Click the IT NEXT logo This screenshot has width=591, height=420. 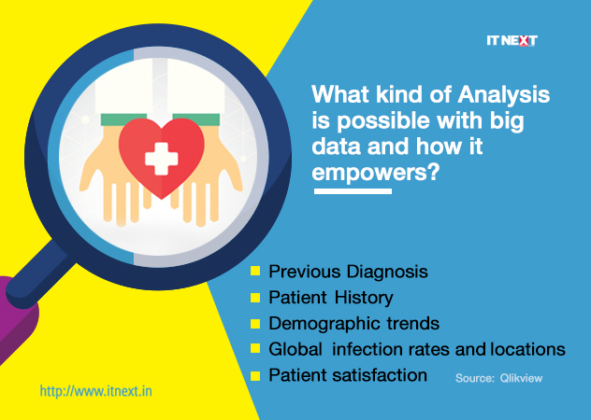click(x=512, y=41)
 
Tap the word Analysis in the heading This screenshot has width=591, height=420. click(x=504, y=95)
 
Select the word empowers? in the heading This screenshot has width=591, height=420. click(x=376, y=173)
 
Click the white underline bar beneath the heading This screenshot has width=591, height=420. click(x=353, y=191)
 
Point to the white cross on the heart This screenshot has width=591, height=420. click(x=162, y=159)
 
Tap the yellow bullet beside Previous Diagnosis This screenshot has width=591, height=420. click(x=255, y=271)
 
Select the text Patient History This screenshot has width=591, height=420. click(x=330, y=298)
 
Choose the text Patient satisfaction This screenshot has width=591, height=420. click(x=348, y=375)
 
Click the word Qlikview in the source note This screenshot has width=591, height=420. click(x=521, y=378)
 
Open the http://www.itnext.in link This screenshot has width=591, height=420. click(x=95, y=391)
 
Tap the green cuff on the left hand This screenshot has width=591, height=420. click(x=123, y=119)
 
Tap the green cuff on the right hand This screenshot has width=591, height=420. click(x=197, y=119)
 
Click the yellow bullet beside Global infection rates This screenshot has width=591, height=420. click(x=255, y=348)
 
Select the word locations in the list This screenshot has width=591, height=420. click(x=528, y=349)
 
